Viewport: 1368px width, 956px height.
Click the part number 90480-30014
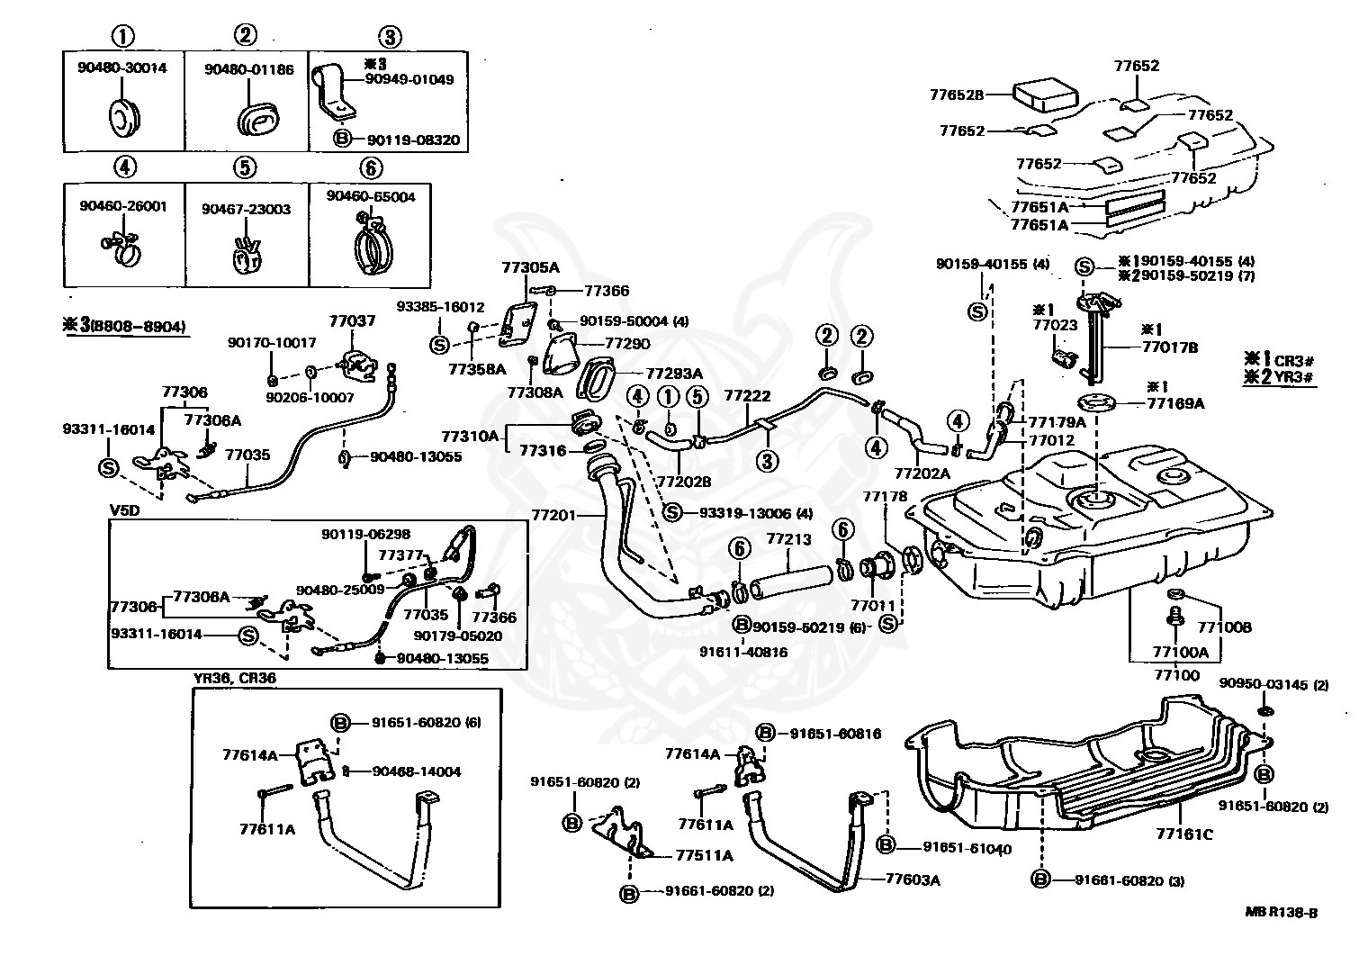121,68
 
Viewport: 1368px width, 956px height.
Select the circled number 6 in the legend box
370,168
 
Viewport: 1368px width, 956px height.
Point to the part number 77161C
1184,834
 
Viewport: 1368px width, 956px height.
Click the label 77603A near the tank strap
913,880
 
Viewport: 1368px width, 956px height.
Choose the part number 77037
351,320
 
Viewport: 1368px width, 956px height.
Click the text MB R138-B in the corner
1282,913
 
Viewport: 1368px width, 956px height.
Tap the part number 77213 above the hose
788,539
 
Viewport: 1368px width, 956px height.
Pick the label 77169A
1175,403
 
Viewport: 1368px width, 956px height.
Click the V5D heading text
124,510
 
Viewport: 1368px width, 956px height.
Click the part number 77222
747,395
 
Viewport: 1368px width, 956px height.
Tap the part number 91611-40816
743,652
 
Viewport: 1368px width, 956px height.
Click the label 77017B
1170,347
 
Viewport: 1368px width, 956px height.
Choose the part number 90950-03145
1264,685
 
